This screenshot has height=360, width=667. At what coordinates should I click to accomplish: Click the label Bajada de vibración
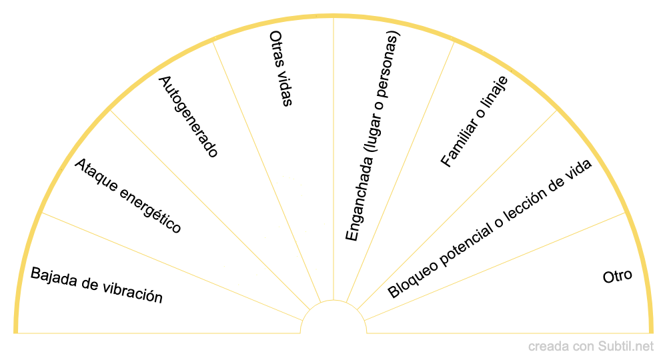[97, 285]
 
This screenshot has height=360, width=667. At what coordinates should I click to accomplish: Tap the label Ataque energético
[127, 196]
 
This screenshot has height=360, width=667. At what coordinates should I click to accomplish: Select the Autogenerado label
[188, 117]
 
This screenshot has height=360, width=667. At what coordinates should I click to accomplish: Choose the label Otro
[617, 276]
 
